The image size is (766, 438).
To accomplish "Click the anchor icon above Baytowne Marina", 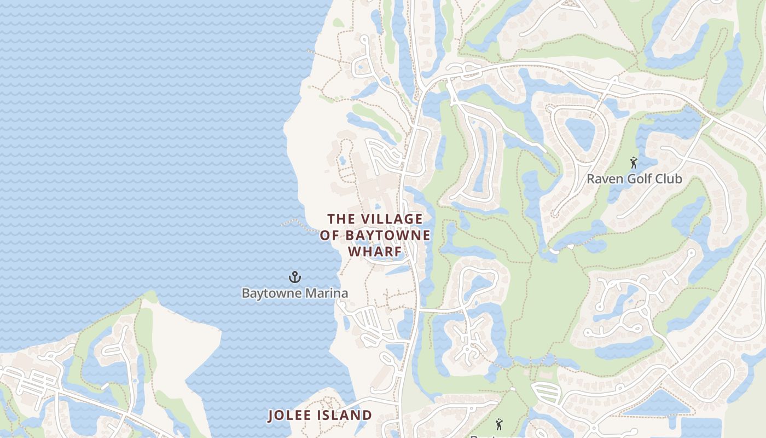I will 295,277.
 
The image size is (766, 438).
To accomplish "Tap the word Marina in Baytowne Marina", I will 327,293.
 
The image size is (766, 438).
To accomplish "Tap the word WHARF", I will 375,252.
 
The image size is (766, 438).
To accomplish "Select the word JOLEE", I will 289,416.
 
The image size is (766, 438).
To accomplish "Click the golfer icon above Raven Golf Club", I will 634,163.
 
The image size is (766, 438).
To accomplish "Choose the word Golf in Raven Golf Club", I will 640,179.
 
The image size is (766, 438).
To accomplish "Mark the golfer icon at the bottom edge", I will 498,424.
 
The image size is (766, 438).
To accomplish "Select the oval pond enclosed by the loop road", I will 580,133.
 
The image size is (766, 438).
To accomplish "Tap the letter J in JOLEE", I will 271,416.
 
